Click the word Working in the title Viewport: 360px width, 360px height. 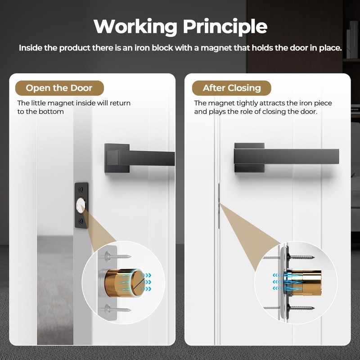tap(135, 27)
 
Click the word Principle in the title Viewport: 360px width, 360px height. tap(225, 27)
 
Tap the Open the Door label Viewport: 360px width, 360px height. tap(59, 88)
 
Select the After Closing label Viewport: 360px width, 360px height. tap(231, 88)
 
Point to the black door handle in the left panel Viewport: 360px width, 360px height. tap(139, 158)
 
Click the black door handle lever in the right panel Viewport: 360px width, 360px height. tap(286, 157)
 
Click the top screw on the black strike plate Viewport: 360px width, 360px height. tap(81, 189)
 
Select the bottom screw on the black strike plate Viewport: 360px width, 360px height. tap(81, 221)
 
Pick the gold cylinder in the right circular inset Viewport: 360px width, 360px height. tap(302, 283)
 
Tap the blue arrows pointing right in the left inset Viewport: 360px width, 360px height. tap(145, 282)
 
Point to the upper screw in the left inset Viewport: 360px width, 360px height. tap(118, 256)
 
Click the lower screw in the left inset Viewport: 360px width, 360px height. tap(118, 310)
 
